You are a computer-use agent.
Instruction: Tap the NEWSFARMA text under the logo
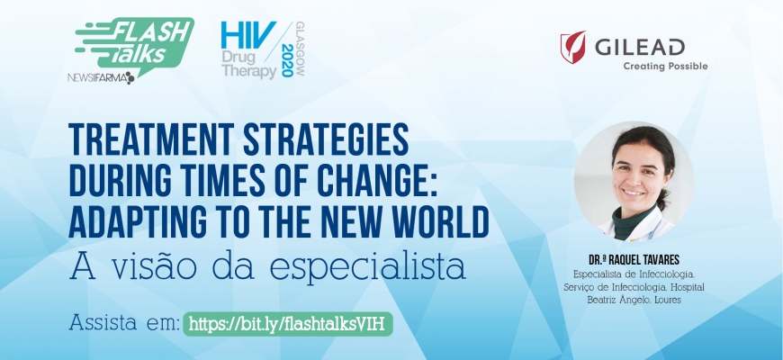tap(101, 78)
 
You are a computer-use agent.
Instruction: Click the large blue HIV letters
tap(248, 35)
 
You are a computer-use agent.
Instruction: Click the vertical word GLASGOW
tap(300, 49)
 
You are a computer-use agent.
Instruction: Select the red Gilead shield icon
tap(572, 47)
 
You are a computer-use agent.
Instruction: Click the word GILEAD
tap(640, 48)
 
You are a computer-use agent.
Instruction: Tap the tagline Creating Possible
tap(665, 66)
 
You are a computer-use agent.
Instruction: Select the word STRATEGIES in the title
tap(326, 139)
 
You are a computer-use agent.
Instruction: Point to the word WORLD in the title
tap(440, 221)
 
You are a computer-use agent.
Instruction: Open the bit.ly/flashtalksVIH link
tap(288, 324)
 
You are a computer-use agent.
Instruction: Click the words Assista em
tap(124, 322)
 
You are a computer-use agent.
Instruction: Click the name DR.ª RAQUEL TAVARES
tap(634, 260)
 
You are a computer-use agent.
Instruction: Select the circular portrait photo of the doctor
tap(634, 181)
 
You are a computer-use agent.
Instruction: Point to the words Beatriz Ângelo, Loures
tap(634, 300)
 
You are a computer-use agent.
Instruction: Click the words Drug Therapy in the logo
tap(248, 64)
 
